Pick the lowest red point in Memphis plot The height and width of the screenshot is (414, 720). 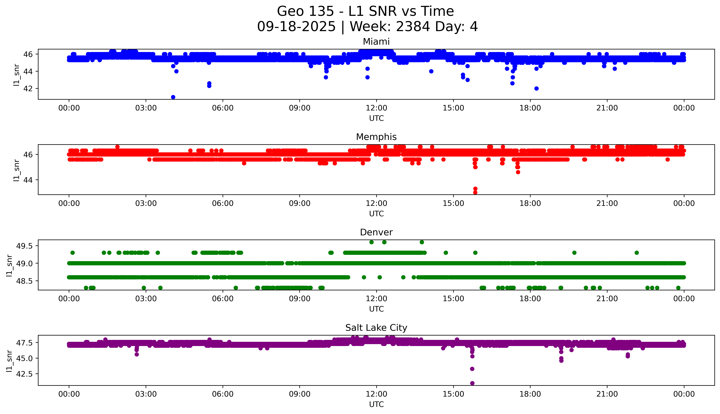click(475, 192)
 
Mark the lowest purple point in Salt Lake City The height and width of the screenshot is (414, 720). click(472, 383)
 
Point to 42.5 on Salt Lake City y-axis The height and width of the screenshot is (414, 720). click(24, 374)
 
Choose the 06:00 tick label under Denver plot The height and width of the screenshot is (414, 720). click(223, 299)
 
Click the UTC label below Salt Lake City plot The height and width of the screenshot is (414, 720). click(376, 404)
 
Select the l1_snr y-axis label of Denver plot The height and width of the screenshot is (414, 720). click(9, 265)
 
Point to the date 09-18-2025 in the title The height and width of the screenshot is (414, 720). click(296, 27)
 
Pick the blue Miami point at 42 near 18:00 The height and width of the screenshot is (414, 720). click(536, 88)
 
